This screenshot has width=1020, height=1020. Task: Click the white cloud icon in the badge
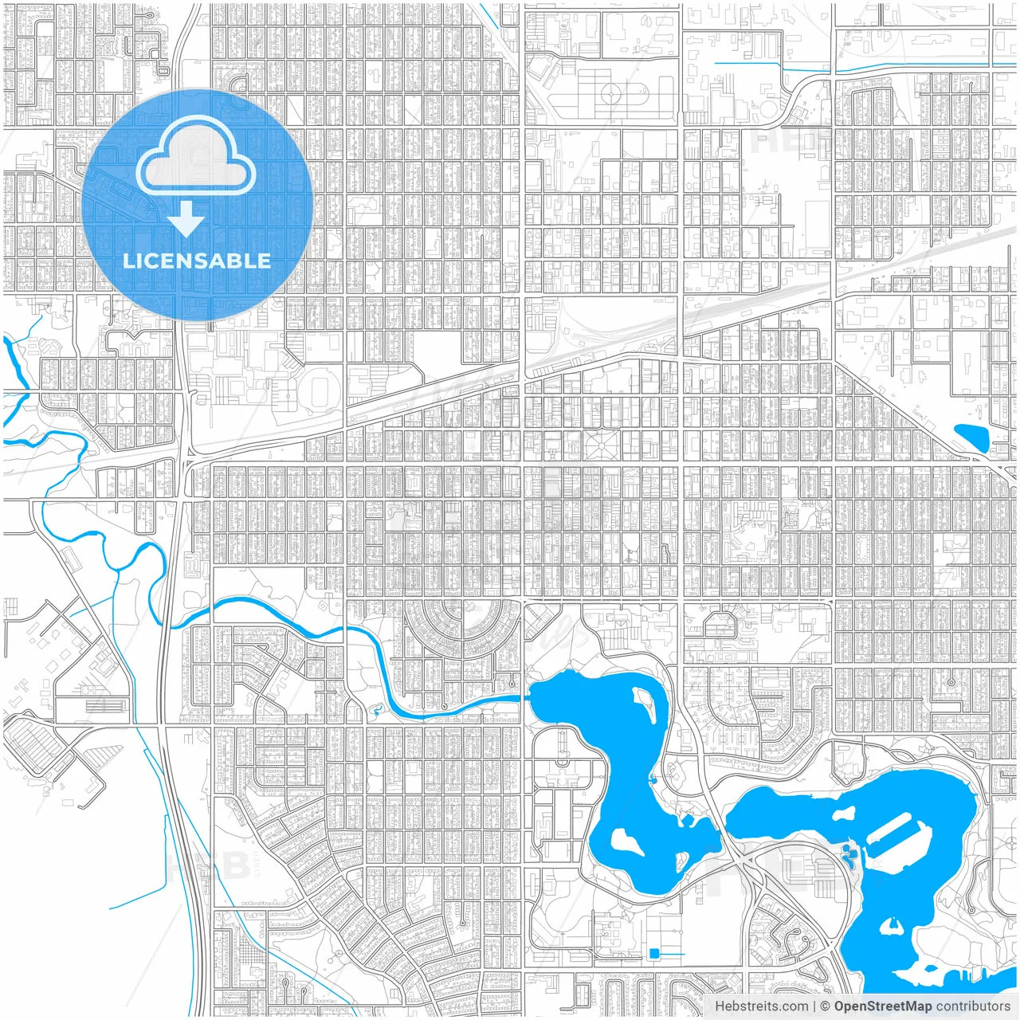(x=196, y=159)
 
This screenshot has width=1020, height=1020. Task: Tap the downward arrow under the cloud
(x=186, y=220)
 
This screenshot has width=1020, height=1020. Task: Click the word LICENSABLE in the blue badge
(x=196, y=261)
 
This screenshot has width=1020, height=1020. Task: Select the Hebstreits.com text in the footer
(x=761, y=1006)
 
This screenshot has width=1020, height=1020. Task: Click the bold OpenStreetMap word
(x=883, y=1006)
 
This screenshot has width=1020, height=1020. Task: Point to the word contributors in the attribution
(x=973, y=1006)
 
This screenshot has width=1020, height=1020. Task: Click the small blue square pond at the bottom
(x=655, y=953)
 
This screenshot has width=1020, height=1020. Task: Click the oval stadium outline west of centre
(x=323, y=391)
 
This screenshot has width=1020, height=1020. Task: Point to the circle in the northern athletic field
(x=611, y=94)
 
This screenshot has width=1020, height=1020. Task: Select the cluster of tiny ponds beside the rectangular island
(x=850, y=857)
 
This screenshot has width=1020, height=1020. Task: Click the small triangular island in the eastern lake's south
(x=891, y=926)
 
